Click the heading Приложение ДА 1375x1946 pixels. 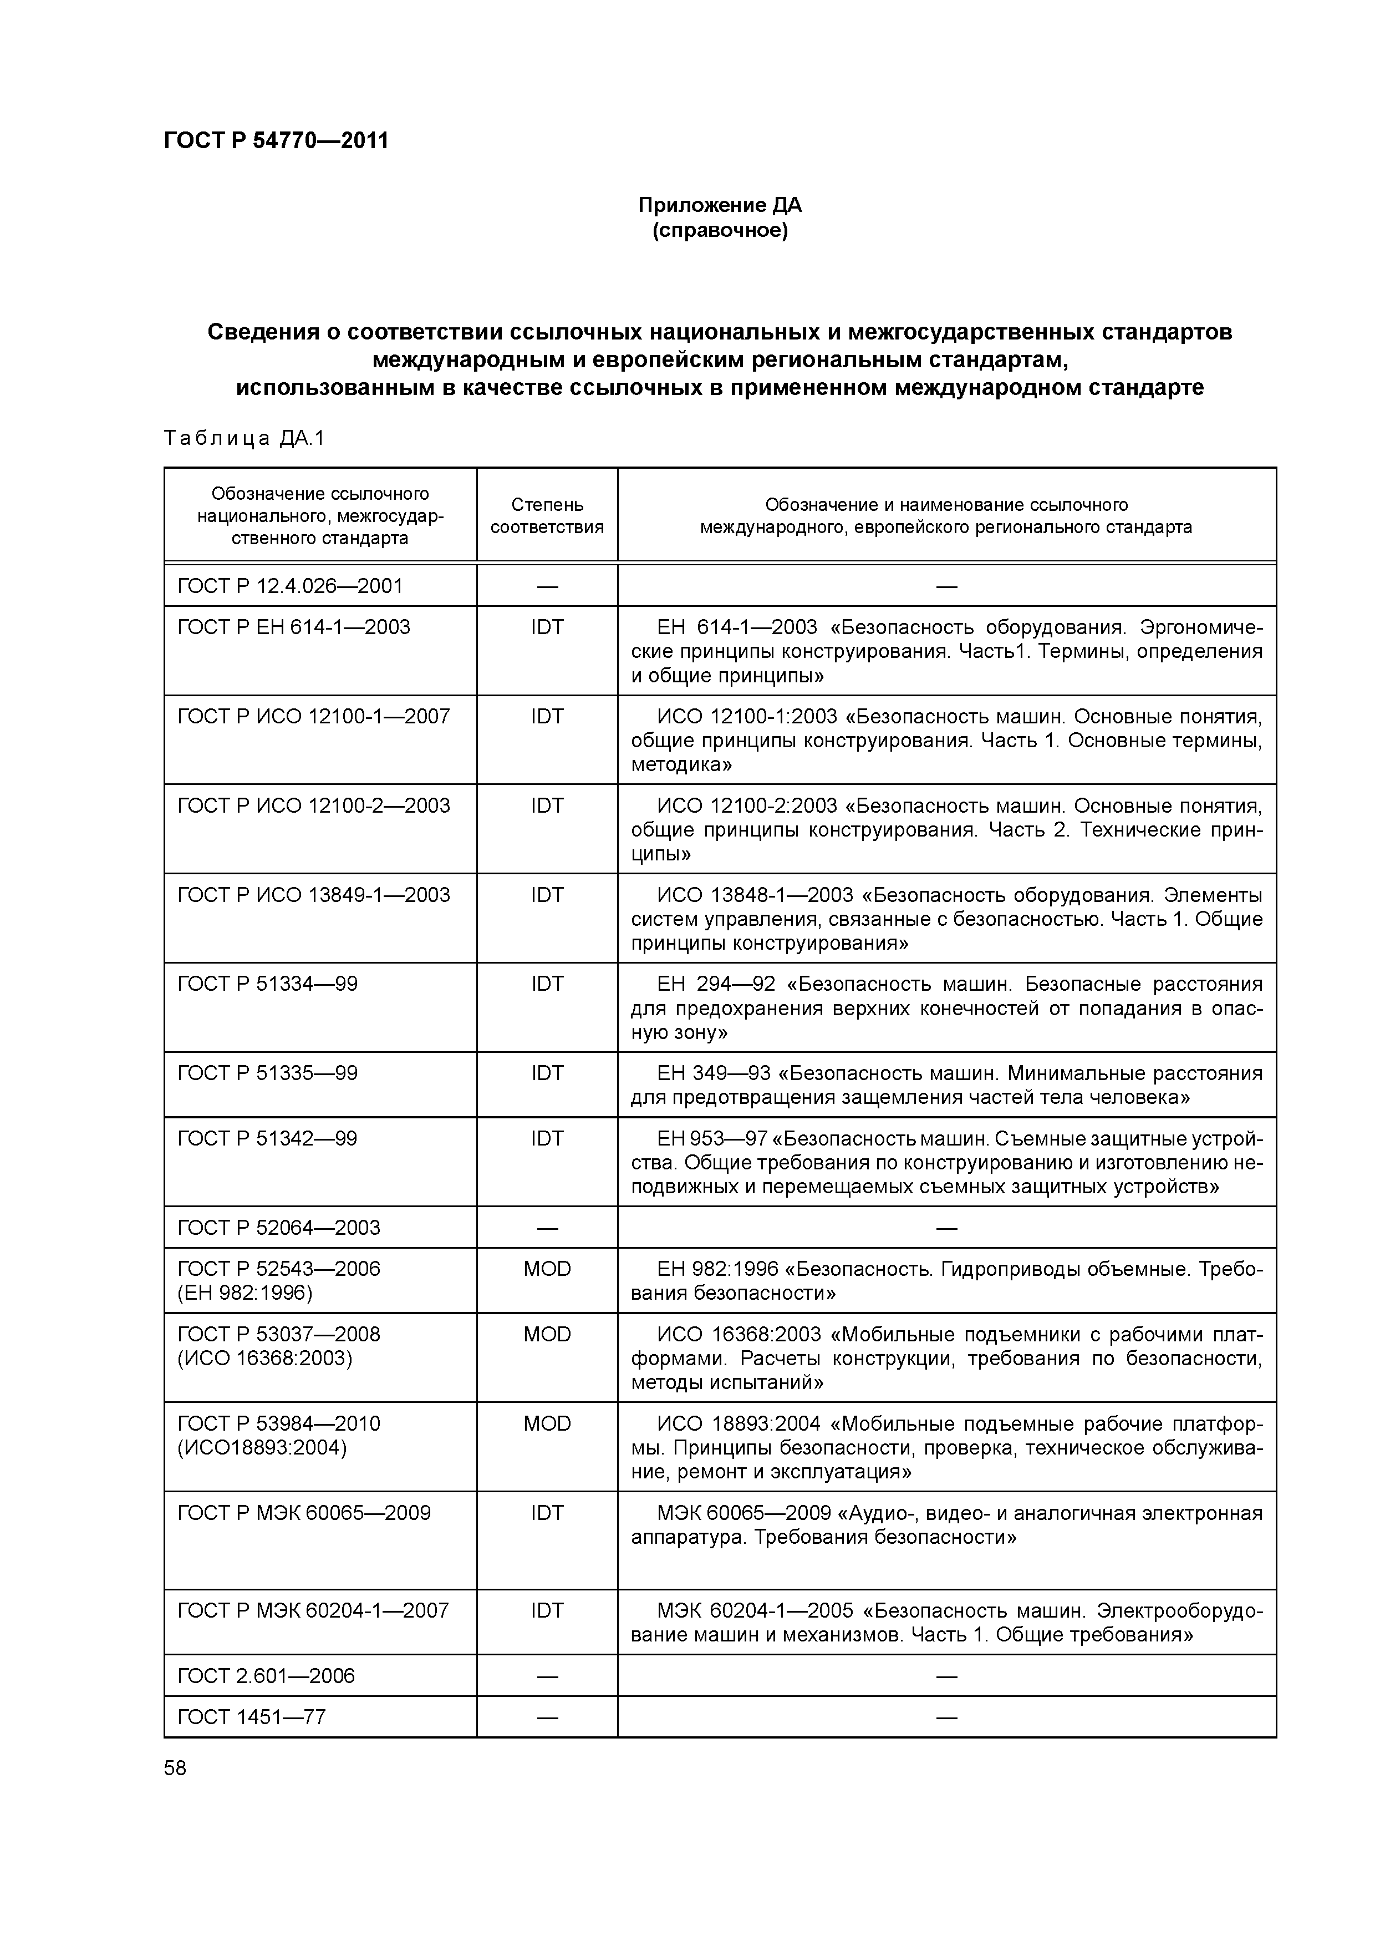(719, 205)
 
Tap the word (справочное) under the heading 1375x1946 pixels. (719, 231)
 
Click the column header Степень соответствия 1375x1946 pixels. (547, 515)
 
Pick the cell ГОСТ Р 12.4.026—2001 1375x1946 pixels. (290, 586)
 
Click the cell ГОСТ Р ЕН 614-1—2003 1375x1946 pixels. (293, 627)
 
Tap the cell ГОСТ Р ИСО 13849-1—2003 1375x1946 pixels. (313, 895)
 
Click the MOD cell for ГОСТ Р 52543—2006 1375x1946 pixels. (547, 1269)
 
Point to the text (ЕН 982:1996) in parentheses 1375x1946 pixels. (245, 1293)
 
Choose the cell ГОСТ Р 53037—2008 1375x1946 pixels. (279, 1334)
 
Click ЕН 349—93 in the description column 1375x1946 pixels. (714, 1073)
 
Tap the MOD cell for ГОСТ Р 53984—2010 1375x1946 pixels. (547, 1423)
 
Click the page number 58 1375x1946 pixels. (175, 1768)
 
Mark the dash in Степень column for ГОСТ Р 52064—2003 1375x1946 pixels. (547, 1227)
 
